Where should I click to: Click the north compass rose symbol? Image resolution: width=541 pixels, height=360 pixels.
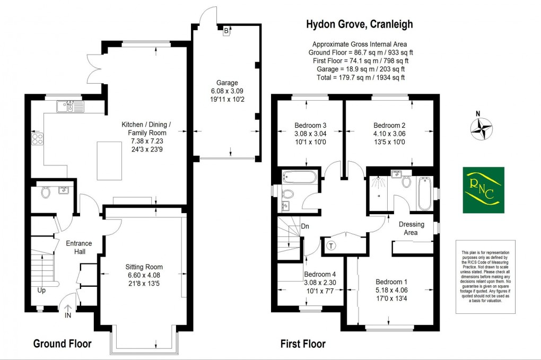coord(482,129)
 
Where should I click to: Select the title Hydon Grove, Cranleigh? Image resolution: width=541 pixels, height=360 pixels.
coord(360,24)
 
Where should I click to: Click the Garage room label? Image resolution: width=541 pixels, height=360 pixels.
coord(226,83)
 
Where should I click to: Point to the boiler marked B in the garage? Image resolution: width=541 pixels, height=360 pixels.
coord(226,31)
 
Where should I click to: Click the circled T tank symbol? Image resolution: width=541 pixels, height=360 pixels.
coord(331,245)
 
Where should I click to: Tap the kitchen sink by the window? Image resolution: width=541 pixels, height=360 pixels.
coord(69,108)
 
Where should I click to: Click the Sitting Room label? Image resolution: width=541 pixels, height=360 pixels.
coord(144,267)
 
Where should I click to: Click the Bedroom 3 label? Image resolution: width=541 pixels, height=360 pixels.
coord(310,126)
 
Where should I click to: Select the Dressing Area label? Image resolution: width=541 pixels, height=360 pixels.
coord(412,228)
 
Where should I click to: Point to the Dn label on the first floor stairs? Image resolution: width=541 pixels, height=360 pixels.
coord(304,227)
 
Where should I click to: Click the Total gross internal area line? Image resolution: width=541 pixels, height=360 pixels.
coord(357,77)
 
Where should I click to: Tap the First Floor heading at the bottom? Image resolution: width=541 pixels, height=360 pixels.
coord(303,344)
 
